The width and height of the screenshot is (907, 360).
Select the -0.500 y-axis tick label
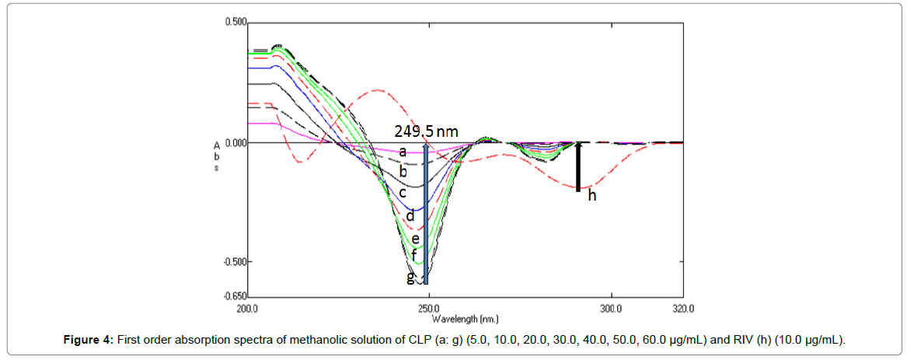235,261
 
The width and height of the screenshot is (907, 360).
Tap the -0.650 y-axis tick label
235,296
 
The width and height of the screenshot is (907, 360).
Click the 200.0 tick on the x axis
247,308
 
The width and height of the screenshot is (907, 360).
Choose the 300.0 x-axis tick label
611,308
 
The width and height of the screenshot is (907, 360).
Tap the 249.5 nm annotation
425,132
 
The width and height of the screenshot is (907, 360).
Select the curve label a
403,152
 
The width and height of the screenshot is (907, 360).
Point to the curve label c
403,191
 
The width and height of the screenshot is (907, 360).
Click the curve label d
410,215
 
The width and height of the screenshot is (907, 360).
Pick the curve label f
414,255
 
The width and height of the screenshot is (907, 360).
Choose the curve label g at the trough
411,277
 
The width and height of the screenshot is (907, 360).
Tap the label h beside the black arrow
591,196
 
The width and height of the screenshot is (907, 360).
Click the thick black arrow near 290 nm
578,166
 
